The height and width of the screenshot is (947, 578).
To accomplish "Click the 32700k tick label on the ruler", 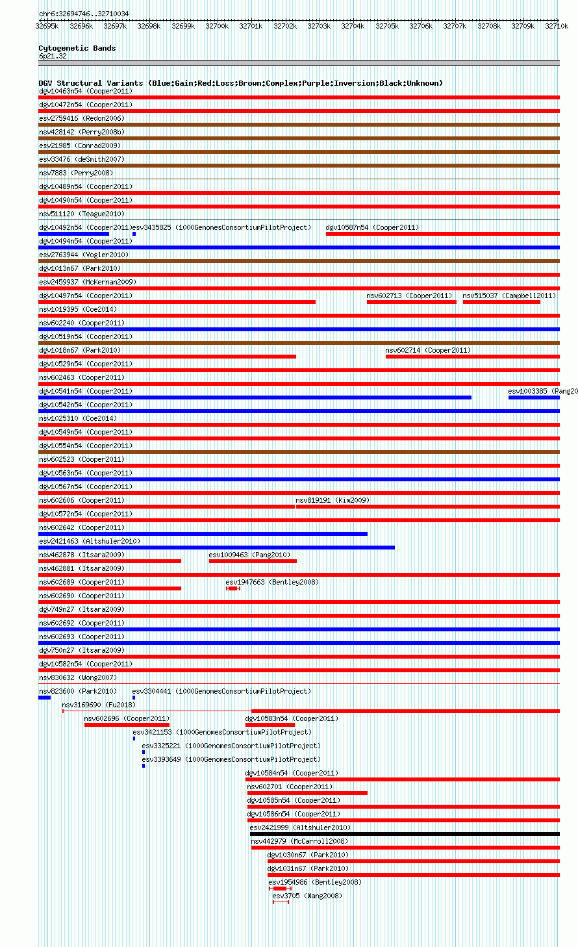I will (217, 26).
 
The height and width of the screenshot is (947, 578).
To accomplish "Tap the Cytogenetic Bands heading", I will (77, 48).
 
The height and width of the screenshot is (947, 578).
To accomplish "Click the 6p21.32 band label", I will (53, 56).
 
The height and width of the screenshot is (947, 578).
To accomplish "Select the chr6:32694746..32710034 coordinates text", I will (84, 14).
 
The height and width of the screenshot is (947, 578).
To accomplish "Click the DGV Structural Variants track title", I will (240, 83).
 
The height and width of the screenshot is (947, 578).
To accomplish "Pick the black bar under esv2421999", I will (405, 834).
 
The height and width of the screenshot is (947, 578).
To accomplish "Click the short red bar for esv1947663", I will (234, 588).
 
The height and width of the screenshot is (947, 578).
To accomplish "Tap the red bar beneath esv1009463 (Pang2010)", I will (253, 561).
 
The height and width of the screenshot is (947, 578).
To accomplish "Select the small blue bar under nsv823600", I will (44, 698).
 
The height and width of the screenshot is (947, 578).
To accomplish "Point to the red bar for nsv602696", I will (127, 725).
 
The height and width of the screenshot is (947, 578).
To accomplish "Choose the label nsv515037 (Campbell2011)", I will (509, 296).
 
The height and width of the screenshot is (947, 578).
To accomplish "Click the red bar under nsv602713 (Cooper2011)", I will (412, 302).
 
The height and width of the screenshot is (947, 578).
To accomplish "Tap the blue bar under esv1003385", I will (534, 398).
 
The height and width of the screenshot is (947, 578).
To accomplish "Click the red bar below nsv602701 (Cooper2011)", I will (307, 793).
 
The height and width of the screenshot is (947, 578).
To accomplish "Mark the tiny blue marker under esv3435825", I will (134, 234).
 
